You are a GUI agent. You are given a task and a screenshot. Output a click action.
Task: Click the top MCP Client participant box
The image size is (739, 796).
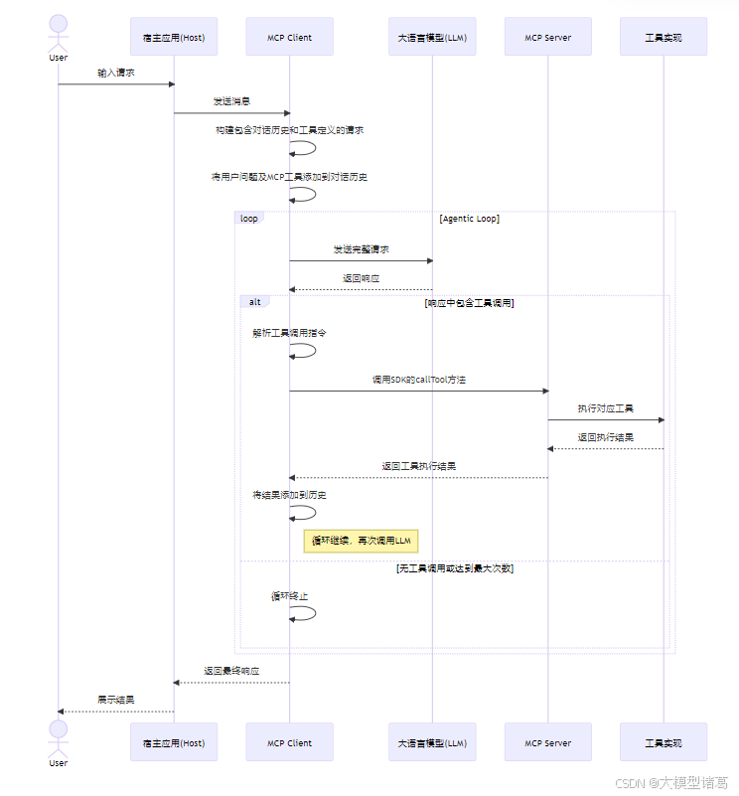coord(289,37)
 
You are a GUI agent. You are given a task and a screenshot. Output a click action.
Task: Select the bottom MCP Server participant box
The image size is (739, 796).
coord(547,742)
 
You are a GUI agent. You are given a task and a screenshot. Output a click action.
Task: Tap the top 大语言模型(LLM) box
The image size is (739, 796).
coord(432,37)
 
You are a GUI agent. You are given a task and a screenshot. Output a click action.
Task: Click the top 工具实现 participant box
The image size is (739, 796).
coord(663,37)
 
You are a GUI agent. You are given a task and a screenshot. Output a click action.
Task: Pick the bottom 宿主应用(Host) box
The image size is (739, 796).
coord(174,742)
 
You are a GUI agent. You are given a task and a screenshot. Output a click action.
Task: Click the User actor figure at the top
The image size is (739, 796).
coord(59,32)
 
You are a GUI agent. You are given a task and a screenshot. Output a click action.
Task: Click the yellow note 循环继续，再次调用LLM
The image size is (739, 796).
coord(362,541)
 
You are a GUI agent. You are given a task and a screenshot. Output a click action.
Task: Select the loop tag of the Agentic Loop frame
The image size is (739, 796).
coord(249,218)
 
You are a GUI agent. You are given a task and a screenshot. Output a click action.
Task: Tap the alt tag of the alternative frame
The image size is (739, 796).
coord(255,301)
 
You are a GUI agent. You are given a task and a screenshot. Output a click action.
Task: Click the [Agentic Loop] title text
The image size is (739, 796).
coord(469,219)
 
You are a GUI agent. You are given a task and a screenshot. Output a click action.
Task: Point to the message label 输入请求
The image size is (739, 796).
coord(116,73)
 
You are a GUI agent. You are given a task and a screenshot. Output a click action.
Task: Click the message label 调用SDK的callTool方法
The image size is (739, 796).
coord(418,380)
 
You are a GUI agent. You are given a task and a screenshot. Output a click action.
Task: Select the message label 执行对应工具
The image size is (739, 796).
coord(606,408)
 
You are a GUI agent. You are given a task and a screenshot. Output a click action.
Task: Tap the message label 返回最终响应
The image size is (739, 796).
coord(231,671)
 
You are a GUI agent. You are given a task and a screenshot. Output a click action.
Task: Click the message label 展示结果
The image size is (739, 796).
coord(116,700)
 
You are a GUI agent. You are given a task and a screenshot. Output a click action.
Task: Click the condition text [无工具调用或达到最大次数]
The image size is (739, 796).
coord(455,568)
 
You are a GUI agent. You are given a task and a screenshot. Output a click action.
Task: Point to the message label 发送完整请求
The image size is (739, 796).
coord(361,249)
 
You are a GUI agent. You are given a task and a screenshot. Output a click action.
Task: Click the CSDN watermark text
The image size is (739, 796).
coord(671,783)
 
